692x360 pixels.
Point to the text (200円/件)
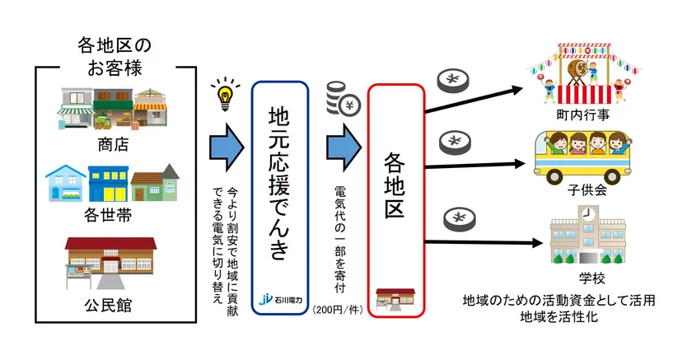click(339, 311)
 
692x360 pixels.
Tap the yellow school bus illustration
click(582, 157)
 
